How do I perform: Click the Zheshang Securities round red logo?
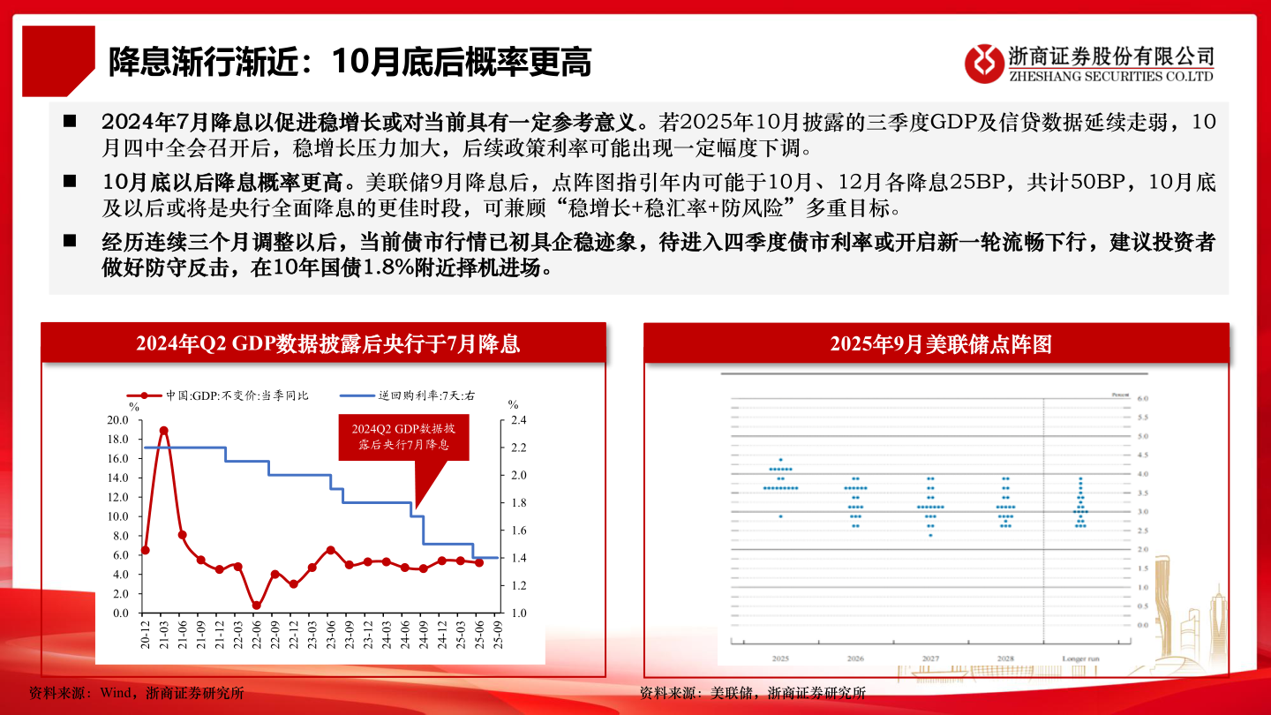[984, 63]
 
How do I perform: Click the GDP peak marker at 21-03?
[163, 431]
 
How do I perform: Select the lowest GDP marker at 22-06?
[256, 606]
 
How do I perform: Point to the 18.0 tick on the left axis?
[117, 439]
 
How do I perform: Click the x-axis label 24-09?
[424, 634]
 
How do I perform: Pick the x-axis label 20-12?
[146, 634]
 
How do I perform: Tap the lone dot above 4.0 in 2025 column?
[780, 460]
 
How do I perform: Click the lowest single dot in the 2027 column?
[930, 535]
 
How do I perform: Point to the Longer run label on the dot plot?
[1080, 659]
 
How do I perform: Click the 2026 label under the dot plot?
[855, 659]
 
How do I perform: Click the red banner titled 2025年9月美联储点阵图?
[936, 343]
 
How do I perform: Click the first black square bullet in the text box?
[70, 120]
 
